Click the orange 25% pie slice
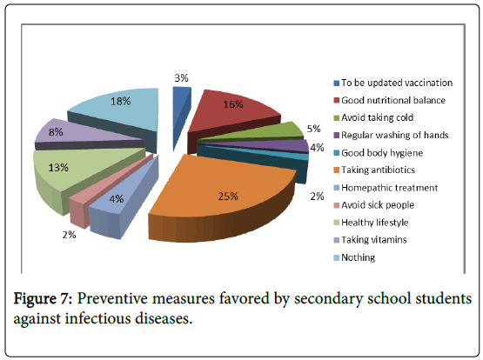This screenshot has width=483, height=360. (222, 197)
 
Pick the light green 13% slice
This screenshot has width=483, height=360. (77, 172)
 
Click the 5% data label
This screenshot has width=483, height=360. (313, 129)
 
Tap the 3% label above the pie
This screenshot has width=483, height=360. (181, 78)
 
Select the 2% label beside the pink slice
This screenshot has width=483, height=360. (69, 235)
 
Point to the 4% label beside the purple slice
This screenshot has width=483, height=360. (317, 148)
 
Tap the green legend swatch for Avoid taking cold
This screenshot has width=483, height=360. (337, 118)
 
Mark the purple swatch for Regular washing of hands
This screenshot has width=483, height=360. (337, 136)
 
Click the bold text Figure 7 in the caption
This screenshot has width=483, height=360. (43, 298)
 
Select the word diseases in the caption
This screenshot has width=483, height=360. (164, 318)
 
